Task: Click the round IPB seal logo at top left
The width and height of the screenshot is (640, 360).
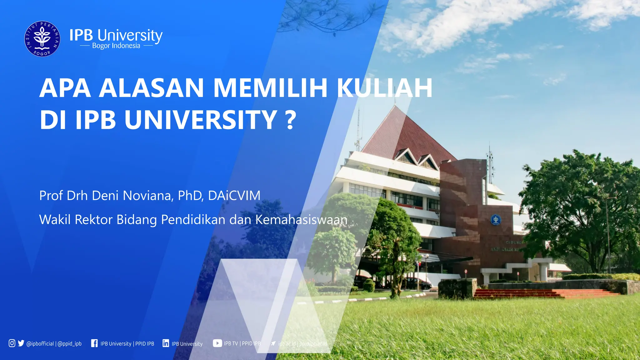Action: pyautogui.click(x=42, y=39)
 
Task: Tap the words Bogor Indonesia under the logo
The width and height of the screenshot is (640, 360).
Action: pyautogui.click(x=116, y=46)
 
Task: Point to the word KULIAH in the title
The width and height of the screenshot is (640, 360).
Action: pyautogui.click(x=384, y=88)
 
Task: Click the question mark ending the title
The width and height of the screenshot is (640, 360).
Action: pyautogui.click(x=291, y=120)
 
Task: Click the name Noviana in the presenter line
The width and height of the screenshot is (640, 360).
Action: pyautogui.click(x=147, y=196)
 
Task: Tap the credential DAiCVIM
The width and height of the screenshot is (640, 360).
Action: pyautogui.click(x=234, y=196)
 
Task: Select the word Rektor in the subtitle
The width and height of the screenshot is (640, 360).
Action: pyautogui.click(x=93, y=220)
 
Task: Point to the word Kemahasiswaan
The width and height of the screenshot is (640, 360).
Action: pyautogui.click(x=301, y=220)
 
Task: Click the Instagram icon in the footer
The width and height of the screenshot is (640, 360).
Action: pyautogui.click(x=12, y=343)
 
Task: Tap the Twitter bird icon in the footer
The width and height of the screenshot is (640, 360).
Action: pyautogui.click(x=21, y=343)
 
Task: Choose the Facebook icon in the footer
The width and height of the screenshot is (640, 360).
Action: pyautogui.click(x=94, y=343)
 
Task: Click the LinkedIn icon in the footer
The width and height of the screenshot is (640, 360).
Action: pyautogui.click(x=166, y=343)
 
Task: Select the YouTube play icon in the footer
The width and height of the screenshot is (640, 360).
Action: pyautogui.click(x=217, y=343)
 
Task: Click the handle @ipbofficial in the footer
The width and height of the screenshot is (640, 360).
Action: pyautogui.click(x=40, y=344)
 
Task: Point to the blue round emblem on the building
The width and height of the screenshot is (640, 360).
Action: pyautogui.click(x=495, y=220)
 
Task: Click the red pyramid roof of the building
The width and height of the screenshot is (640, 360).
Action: pyautogui.click(x=406, y=134)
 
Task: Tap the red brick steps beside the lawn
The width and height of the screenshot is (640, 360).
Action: pyautogui.click(x=531, y=293)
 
